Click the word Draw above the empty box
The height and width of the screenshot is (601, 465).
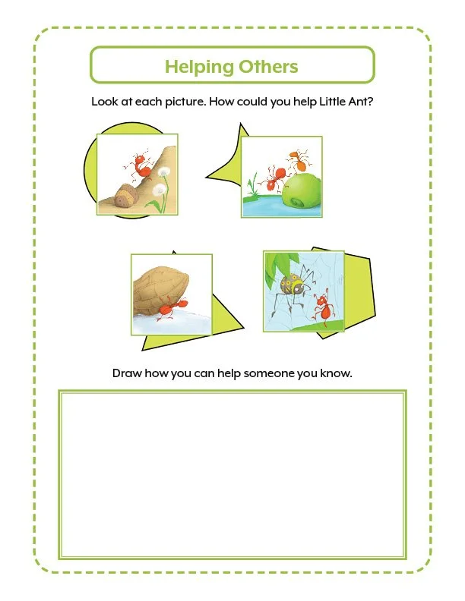pyautogui.click(x=128, y=373)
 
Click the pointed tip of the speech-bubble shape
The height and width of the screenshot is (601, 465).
pyautogui.click(x=206, y=178)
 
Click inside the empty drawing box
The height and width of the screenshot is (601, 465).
pyautogui.click(x=232, y=474)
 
